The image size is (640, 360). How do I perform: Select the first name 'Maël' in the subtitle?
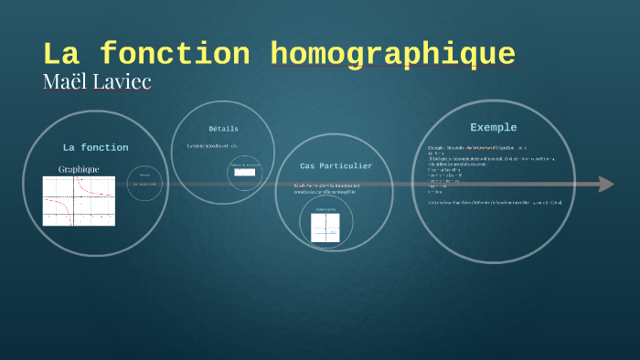[x=64, y=81]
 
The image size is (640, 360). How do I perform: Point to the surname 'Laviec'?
[x=121, y=81]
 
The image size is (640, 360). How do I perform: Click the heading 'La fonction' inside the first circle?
[x=95, y=147]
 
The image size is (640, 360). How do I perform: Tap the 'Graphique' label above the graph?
[x=79, y=169]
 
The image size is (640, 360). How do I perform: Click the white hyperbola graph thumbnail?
[x=79, y=201]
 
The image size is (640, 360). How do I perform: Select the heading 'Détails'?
[x=223, y=129]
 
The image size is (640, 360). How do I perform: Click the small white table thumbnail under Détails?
[x=244, y=171]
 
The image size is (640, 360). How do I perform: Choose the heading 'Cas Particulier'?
[x=336, y=165]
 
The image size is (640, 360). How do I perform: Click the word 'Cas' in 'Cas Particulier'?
[x=309, y=165]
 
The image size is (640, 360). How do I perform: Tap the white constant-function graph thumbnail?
[x=325, y=228]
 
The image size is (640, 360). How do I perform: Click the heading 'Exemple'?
[x=493, y=127]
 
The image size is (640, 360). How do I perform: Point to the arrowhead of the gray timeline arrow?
[x=605, y=185]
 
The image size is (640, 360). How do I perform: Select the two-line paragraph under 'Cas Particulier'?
[x=327, y=188]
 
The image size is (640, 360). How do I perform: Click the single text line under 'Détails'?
[x=212, y=146]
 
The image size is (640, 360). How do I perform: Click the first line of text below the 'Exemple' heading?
[x=476, y=147]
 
